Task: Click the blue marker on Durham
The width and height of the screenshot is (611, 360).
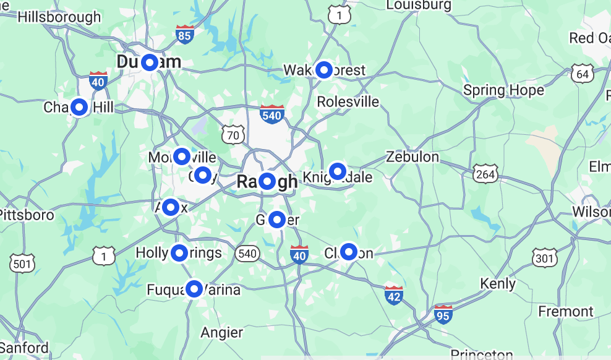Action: coord(149,62)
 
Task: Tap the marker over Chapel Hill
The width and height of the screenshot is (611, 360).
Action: coord(79,107)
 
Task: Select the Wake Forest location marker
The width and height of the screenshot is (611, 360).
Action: coord(324,70)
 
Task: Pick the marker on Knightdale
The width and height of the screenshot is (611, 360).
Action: coord(337,171)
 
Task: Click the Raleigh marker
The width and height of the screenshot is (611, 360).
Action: coord(267,181)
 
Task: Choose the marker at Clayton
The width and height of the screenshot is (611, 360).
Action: coord(349,252)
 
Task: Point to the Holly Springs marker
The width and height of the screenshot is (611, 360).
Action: coord(179,252)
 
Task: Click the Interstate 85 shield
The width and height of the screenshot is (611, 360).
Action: coord(184,35)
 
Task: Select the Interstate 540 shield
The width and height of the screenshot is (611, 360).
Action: coord(272,114)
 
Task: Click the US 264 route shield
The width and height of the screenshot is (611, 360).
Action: coord(485,174)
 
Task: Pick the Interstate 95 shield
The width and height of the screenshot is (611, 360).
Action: coord(443,314)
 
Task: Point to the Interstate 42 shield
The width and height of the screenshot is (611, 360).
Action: coord(394,295)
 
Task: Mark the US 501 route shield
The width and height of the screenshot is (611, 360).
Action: coord(22,263)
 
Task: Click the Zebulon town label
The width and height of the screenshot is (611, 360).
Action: coord(412,157)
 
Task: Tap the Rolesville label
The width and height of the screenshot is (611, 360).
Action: coord(348,101)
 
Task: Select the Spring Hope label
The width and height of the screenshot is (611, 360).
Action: coord(503,90)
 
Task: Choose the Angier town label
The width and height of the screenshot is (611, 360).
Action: coord(221,333)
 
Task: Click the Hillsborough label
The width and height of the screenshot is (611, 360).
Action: coord(59,17)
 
